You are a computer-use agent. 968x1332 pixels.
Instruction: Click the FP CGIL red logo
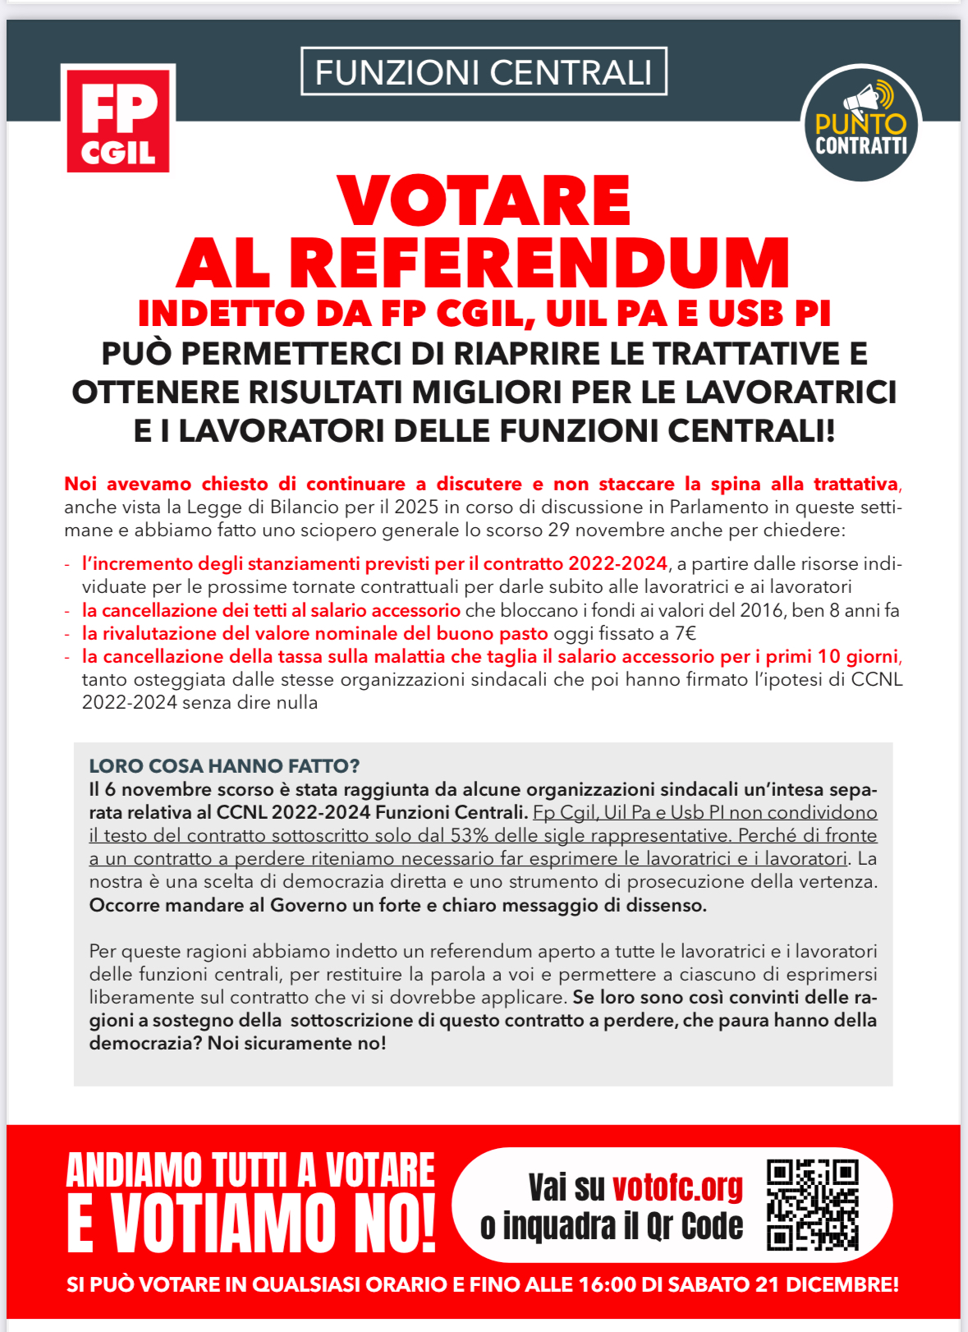(118, 118)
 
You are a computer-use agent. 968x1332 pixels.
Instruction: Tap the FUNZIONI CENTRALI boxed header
(484, 72)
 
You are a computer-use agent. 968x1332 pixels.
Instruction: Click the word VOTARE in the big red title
(484, 201)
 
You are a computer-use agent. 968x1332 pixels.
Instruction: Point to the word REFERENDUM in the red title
(539, 264)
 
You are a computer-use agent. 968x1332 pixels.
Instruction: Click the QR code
(812, 1204)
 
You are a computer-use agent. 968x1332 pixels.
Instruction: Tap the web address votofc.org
(677, 1187)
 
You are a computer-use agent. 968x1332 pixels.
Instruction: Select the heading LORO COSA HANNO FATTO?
(224, 766)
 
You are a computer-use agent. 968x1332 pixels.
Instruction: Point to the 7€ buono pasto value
(684, 634)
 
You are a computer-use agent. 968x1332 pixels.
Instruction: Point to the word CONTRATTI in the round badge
(860, 146)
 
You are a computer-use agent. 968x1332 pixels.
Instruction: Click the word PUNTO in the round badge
(860, 125)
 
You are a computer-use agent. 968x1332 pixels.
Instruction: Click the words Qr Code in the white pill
(695, 1226)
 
